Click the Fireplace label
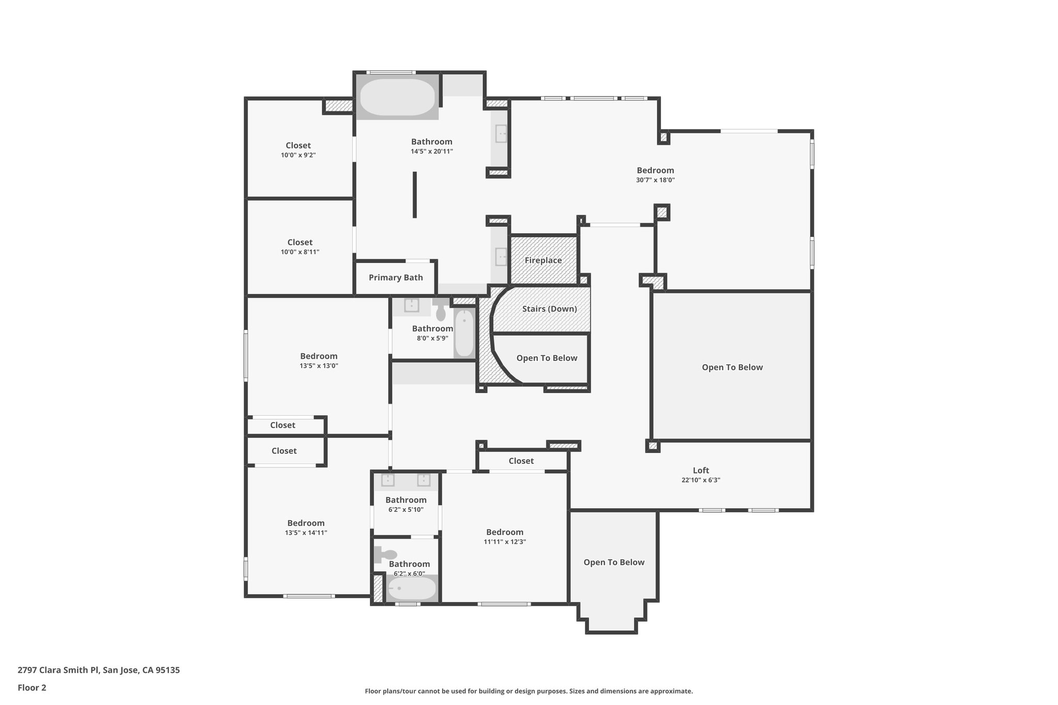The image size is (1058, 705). (543, 260)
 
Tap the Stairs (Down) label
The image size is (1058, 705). (549, 309)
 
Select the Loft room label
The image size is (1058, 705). (701, 471)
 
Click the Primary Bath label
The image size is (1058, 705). (396, 278)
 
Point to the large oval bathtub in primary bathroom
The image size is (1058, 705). (397, 97)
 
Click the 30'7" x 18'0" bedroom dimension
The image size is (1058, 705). (655, 180)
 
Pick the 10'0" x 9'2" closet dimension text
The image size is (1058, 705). (298, 155)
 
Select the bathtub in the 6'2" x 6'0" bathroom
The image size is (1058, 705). (411, 588)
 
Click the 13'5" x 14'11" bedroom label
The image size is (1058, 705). (306, 523)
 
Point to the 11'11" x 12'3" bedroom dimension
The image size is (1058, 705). (504, 542)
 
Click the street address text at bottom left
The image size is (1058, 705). (99, 670)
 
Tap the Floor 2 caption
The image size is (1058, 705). (32, 687)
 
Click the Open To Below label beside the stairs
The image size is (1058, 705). (547, 358)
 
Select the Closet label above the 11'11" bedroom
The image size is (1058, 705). (521, 461)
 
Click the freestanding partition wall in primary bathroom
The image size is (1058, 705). (414, 195)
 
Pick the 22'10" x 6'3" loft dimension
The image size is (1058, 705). (701, 480)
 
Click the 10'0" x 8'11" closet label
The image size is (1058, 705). (300, 242)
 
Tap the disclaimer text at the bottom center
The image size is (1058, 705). (528, 691)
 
